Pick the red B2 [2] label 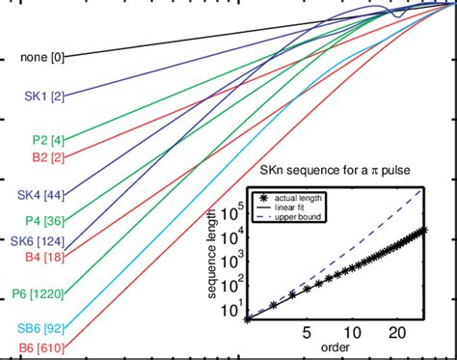(44, 159)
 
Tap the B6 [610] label (40, 346)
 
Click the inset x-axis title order (336, 346)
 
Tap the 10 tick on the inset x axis (353, 331)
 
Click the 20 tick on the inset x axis (395, 331)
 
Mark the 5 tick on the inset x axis (307, 331)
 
